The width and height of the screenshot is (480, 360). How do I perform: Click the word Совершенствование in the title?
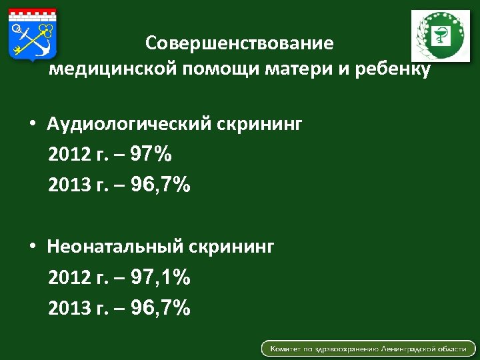tap(239, 45)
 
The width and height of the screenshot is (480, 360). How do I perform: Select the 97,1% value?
tap(161, 277)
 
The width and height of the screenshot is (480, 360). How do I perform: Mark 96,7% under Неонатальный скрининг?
tap(161, 308)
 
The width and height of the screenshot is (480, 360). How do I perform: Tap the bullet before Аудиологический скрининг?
tap(32, 125)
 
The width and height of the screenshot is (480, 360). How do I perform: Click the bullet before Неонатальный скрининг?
tap(32, 247)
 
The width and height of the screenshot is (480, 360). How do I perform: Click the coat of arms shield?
tap(33, 35)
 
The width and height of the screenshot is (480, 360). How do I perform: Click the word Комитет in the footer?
tap(284, 349)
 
